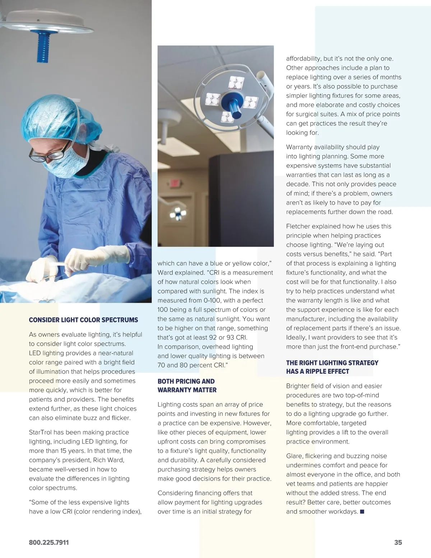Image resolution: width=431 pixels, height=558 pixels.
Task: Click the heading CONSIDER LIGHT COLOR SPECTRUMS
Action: coord(83,320)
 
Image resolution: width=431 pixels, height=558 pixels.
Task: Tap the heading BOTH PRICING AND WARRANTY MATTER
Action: coord(187,386)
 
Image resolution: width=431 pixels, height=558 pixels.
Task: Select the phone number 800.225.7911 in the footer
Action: coord(49,543)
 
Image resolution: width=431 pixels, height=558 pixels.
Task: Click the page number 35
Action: coord(398,543)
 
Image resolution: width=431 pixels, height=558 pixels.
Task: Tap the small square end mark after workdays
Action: coord(362,512)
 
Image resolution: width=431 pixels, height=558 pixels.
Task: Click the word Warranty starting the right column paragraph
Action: coord(299,147)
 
